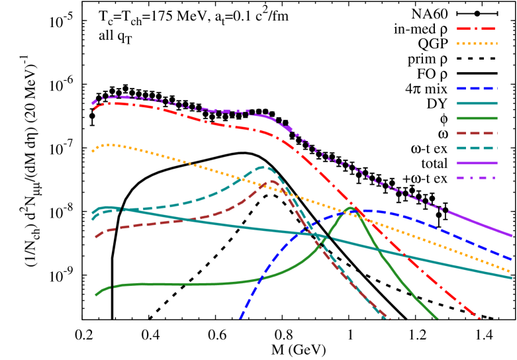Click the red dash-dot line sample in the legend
[476, 29]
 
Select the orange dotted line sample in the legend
[476, 44]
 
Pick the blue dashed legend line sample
[476, 88]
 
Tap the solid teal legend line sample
[476, 103]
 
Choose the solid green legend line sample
[476, 118]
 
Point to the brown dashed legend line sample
[476, 133]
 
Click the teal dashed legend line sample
[476, 148]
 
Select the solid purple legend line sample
[476, 163]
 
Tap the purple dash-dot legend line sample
[476, 177]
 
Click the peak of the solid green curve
[351, 208]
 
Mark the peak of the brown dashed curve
[272, 181]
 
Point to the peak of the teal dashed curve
[263, 167]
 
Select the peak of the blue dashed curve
[363, 210]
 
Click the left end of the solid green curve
[96, 295]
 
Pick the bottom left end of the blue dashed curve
[240, 318]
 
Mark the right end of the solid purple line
[512, 235]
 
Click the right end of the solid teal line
[512, 277]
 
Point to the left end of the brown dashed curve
[96, 237]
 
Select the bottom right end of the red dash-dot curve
[480, 320]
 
